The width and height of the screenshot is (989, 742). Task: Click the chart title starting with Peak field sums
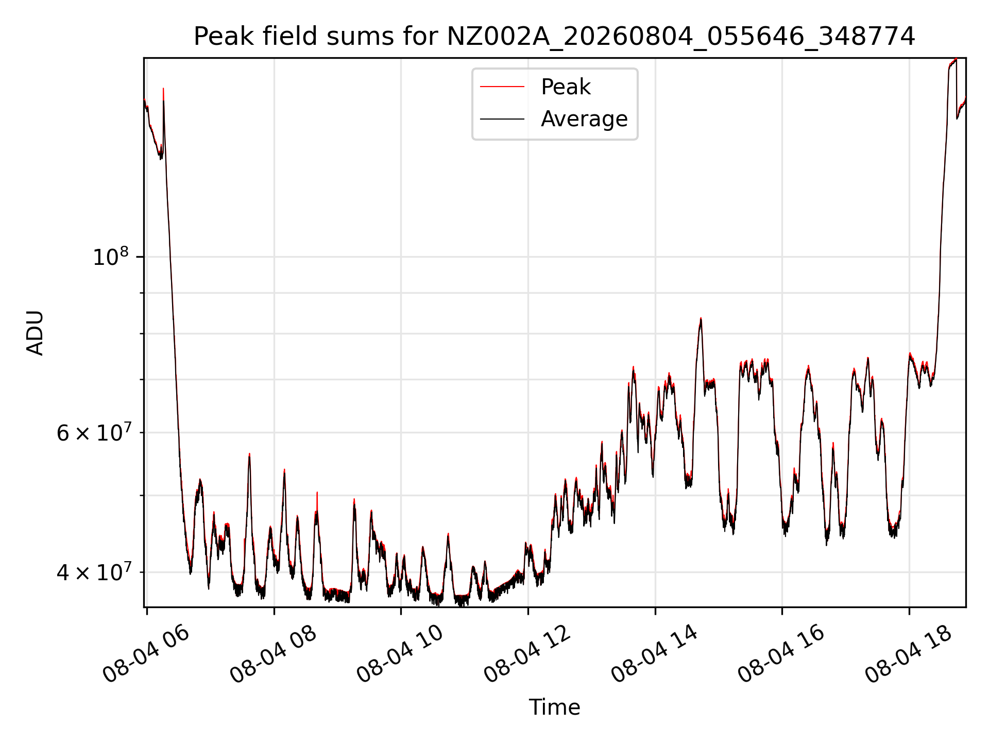point(554,37)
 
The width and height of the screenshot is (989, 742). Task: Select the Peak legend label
point(566,87)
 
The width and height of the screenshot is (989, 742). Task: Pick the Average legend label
point(584,119)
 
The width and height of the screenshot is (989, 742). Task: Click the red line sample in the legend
point(502,87)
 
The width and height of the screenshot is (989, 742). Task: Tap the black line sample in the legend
point(502,119)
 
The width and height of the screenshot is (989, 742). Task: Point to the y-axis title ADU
point(35,333)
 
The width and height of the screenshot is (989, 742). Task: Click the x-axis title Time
point(554,707)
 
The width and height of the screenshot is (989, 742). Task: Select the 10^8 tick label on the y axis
point(110,256)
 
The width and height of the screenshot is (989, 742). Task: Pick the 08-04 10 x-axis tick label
point(400,654)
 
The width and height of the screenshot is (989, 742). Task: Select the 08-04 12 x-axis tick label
point(527,654)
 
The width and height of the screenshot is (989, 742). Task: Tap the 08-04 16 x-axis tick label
point(781,654)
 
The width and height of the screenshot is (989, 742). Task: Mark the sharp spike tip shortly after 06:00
point(163,89)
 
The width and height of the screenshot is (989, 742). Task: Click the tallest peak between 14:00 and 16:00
point(701,318)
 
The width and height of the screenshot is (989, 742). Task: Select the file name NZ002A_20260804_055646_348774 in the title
point(680,37)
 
